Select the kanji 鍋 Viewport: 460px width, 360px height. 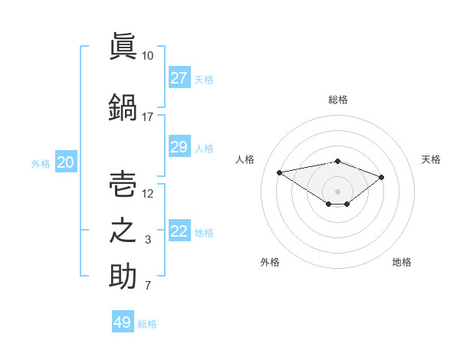(123, 106)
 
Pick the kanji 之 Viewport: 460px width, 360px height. (123, 231)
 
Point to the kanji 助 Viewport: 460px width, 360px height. (123, 277)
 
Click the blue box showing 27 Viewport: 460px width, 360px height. (179, 78)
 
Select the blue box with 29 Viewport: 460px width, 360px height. (179, 147)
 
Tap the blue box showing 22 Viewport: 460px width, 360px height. (179, 231)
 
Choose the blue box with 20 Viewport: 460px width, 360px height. (66, 162)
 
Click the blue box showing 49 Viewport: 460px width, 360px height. (123, 322)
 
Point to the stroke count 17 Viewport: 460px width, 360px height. (148, 117)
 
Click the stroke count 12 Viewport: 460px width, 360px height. (148, 194)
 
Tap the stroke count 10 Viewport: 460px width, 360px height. (148, 56)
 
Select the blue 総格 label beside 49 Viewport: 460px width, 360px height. (147, 324)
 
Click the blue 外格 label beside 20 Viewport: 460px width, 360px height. (41, 163)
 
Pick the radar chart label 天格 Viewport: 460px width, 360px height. (431, 159)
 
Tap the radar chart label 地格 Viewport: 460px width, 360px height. (402, 262)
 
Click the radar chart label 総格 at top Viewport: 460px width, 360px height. (337, 100)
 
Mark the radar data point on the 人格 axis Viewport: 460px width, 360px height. (279, 172)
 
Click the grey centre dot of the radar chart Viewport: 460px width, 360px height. (337, 191)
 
